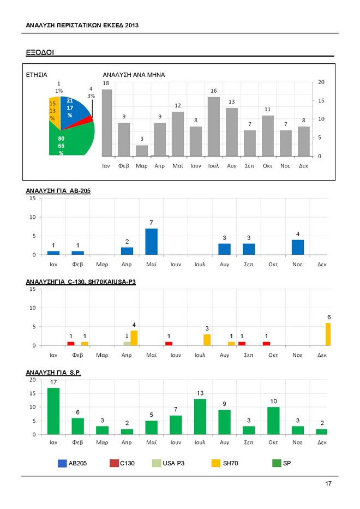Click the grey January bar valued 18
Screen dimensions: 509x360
[106, 123]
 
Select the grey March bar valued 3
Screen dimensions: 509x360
[141, 151]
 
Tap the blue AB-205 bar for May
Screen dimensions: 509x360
[151, 242]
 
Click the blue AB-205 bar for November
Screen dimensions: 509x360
[297, 247]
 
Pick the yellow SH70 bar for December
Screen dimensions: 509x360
[328, 334]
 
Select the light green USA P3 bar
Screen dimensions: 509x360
[127, 343]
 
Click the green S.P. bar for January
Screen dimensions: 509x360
[53, 411]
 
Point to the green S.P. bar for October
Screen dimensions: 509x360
[273, 421]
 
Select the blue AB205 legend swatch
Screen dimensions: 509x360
[63, 463]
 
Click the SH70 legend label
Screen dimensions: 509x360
[231, 463]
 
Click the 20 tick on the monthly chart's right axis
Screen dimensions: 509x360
[321, 82]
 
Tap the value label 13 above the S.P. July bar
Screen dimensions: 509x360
[200, 393]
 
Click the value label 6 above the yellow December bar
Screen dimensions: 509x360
[328, 317]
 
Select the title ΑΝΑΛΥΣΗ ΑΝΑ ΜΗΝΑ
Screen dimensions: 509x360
[134, 74]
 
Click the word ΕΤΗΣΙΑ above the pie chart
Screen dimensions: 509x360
[37, 74]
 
